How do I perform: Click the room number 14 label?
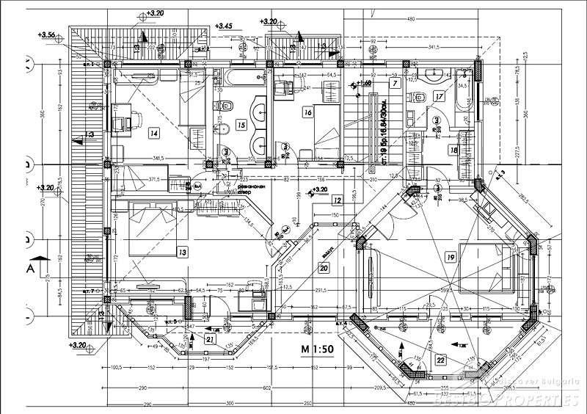(x=153, y=133)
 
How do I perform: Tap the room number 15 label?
(x=241, y=126)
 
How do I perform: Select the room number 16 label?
(x=307, y=112)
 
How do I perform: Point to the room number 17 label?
(x=439, y=96)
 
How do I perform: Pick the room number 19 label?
(x=450, y=256)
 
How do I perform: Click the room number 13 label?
(x=182, y=252)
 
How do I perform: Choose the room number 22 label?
(x=440, y=360)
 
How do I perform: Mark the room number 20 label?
(x=323, y=269)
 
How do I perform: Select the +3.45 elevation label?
(x=223, y=26)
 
